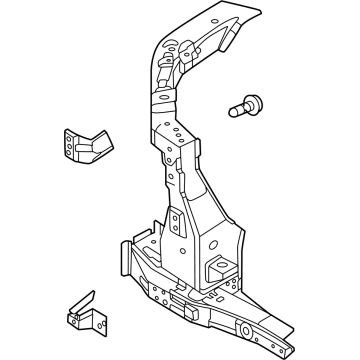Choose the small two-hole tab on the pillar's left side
tap(172, 222)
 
